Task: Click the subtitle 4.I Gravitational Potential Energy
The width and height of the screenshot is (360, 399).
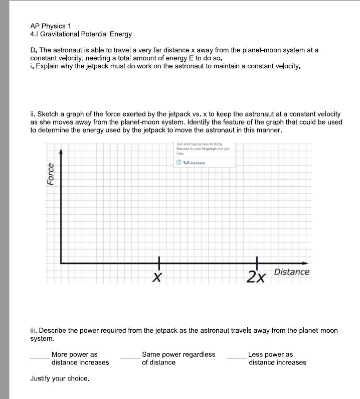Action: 81,34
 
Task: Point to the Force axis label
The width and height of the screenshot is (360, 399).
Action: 50,174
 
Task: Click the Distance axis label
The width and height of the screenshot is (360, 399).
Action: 291,272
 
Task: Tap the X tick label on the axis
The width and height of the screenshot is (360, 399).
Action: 157,277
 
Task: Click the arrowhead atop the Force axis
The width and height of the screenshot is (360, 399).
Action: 61,151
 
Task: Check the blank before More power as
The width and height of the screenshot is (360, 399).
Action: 40,357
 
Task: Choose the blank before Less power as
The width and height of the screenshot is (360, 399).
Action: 236,357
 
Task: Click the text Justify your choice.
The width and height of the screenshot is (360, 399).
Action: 60,378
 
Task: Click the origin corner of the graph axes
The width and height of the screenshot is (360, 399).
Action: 61,262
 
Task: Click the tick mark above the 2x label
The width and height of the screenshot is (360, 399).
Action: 257,262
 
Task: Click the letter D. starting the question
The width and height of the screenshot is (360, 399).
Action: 34,50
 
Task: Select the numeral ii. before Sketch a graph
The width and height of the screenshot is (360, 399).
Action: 33,114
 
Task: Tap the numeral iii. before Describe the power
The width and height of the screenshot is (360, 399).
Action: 34,331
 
